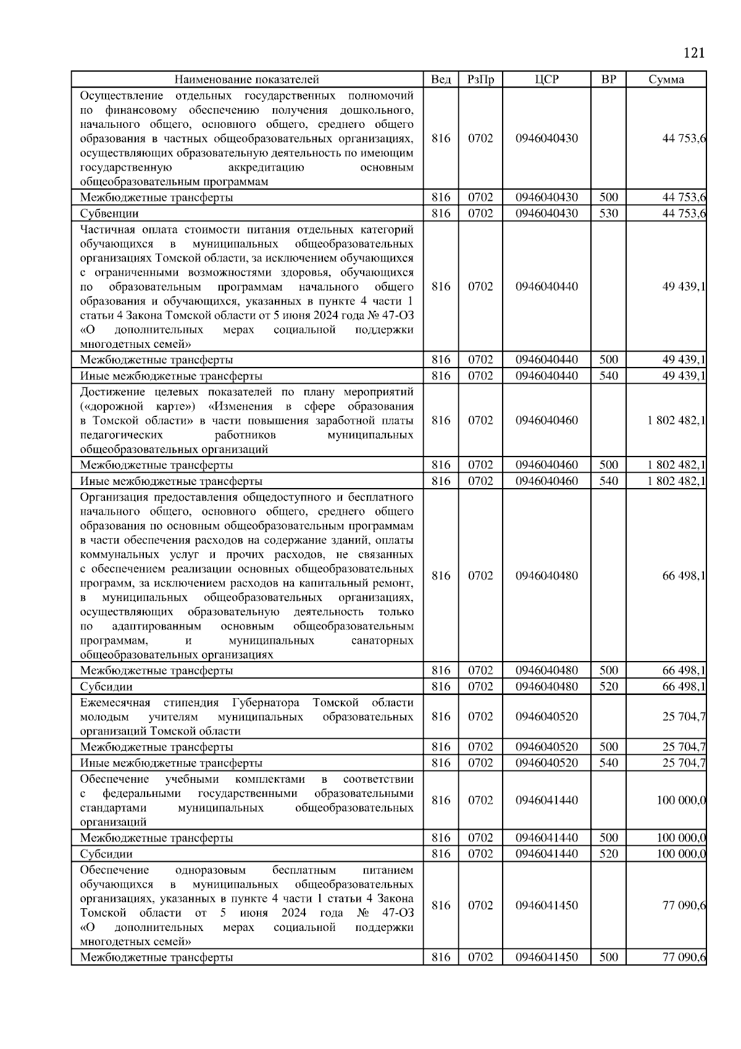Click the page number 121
click(694, 53)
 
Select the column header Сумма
click(666, 80)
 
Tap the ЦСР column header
click(546, 80)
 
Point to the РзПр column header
click(480, 80)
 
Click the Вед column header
click(441, 80)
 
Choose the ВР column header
click(608, 80)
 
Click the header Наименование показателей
click(246, 80)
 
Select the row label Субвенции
click(109, 214)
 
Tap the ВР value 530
click(608, 214)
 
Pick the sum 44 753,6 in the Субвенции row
click(684, 214)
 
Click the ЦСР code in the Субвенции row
click(546, 214)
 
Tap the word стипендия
click(191, 703)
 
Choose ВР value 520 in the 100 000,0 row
click(608, 854)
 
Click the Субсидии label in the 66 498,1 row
click(106, 687)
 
